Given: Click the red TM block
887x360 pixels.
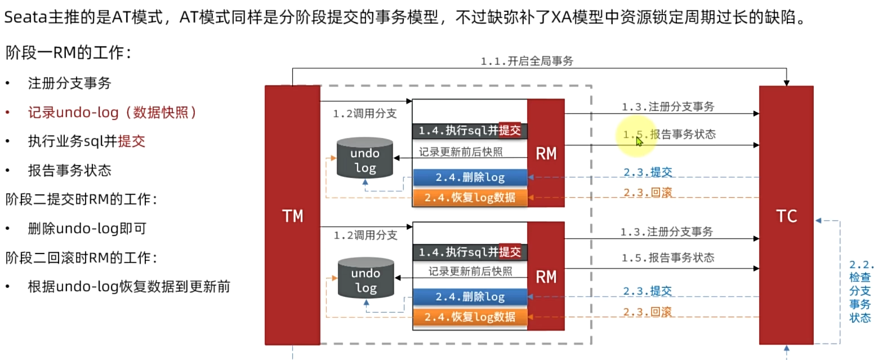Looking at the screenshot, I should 292,215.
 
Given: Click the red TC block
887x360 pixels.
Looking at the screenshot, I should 786,215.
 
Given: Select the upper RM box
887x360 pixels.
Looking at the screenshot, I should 546,153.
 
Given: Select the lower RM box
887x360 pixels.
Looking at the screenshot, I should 546,277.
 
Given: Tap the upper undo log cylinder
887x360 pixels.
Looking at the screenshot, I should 364,159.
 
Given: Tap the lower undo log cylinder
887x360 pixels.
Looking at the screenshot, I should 366,279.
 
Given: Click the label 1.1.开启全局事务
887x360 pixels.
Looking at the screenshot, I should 527,61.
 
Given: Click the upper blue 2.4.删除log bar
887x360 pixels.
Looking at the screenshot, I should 470,177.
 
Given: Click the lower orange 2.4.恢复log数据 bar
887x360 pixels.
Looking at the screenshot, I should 470,317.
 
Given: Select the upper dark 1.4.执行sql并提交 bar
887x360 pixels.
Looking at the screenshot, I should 470,131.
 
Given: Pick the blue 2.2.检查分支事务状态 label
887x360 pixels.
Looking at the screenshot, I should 860,291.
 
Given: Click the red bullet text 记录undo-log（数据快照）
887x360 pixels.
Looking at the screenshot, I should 113,112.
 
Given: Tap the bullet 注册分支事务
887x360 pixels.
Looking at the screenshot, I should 70,83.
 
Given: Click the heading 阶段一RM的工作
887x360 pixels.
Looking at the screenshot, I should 69,53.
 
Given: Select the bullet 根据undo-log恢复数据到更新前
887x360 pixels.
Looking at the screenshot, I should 129,287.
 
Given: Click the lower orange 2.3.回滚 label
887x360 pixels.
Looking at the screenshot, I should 647,312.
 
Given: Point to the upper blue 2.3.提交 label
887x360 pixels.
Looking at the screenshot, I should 648,172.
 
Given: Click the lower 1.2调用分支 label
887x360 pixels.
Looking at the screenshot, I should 365,235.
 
